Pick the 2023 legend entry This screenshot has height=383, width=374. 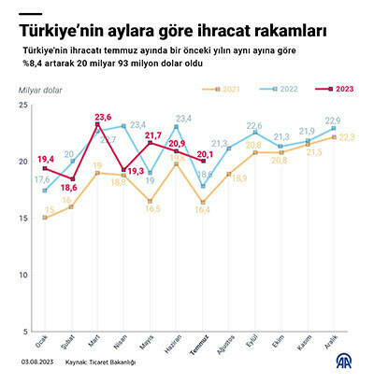coord(333,90)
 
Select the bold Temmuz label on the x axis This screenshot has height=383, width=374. coord(197,348)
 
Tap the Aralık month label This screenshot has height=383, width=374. coord(330,346)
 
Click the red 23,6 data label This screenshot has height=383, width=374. coord(102,117)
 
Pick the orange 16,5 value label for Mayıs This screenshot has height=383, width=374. coord(153,210)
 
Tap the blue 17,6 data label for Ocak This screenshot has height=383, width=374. coord(43,179)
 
